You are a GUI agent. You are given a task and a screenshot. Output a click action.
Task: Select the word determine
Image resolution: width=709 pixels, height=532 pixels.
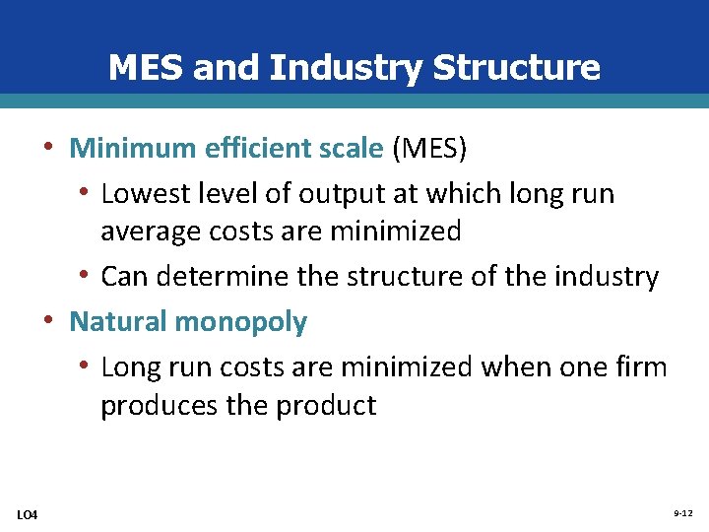coord(225,277)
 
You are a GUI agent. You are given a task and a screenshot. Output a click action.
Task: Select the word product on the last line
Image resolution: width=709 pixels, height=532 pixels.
coord(327,406)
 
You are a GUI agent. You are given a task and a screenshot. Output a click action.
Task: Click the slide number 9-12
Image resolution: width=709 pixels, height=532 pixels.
coord(682,514)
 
